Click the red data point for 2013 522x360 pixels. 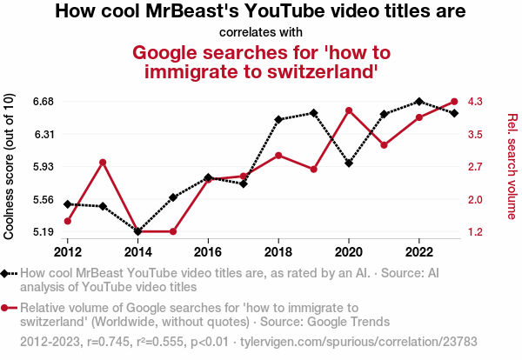(103, 163)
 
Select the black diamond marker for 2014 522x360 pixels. (138, 231)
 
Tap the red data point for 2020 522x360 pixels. (349, 110)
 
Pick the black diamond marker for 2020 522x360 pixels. (349, 163)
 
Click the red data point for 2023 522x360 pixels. (454, 102)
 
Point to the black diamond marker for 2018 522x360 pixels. (278, 119)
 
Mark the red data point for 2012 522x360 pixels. (68, 221)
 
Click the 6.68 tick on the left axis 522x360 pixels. (43, 102)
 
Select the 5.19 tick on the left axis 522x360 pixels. (43, 232)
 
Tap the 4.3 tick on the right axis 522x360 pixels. (474, 102)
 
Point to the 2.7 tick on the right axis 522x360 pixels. (474, 167)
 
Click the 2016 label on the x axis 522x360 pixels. (208, 251)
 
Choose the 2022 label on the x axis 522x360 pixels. (419, 251)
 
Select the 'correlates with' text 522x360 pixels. (260, 32)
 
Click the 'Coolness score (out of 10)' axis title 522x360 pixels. (10, 166)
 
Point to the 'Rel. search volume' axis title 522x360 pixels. (512, 166)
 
